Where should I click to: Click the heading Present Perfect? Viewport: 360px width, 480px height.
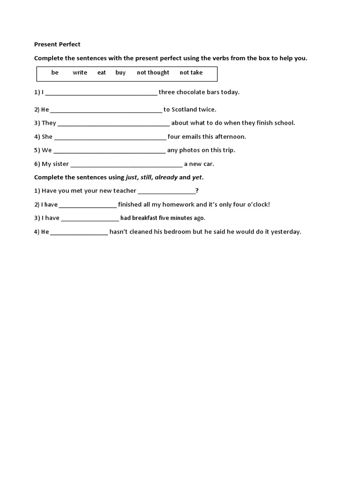pos(57,45)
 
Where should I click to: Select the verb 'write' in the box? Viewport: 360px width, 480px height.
pos(80,73)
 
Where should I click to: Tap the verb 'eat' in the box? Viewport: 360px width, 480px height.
pos(102,73)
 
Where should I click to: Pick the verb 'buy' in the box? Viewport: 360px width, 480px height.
pos(120,73)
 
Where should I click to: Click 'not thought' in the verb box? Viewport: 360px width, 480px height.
pos(153,73)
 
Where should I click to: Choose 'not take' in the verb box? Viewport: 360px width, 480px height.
pos(191,73)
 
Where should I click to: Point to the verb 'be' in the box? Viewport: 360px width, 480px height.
pos(55,73)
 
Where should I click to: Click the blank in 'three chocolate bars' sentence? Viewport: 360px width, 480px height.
pos(101,93)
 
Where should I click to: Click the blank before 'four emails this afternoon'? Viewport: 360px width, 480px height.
pos(110,137)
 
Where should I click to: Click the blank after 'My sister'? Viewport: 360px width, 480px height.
pos(126,165)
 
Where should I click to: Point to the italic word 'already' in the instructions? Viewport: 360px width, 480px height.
pos(166,177)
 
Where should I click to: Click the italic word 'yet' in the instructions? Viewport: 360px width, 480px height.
pos(197,177)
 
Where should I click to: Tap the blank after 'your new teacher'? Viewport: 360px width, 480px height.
pos(166,191)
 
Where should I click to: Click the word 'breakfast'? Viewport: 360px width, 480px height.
pos(145,218)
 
